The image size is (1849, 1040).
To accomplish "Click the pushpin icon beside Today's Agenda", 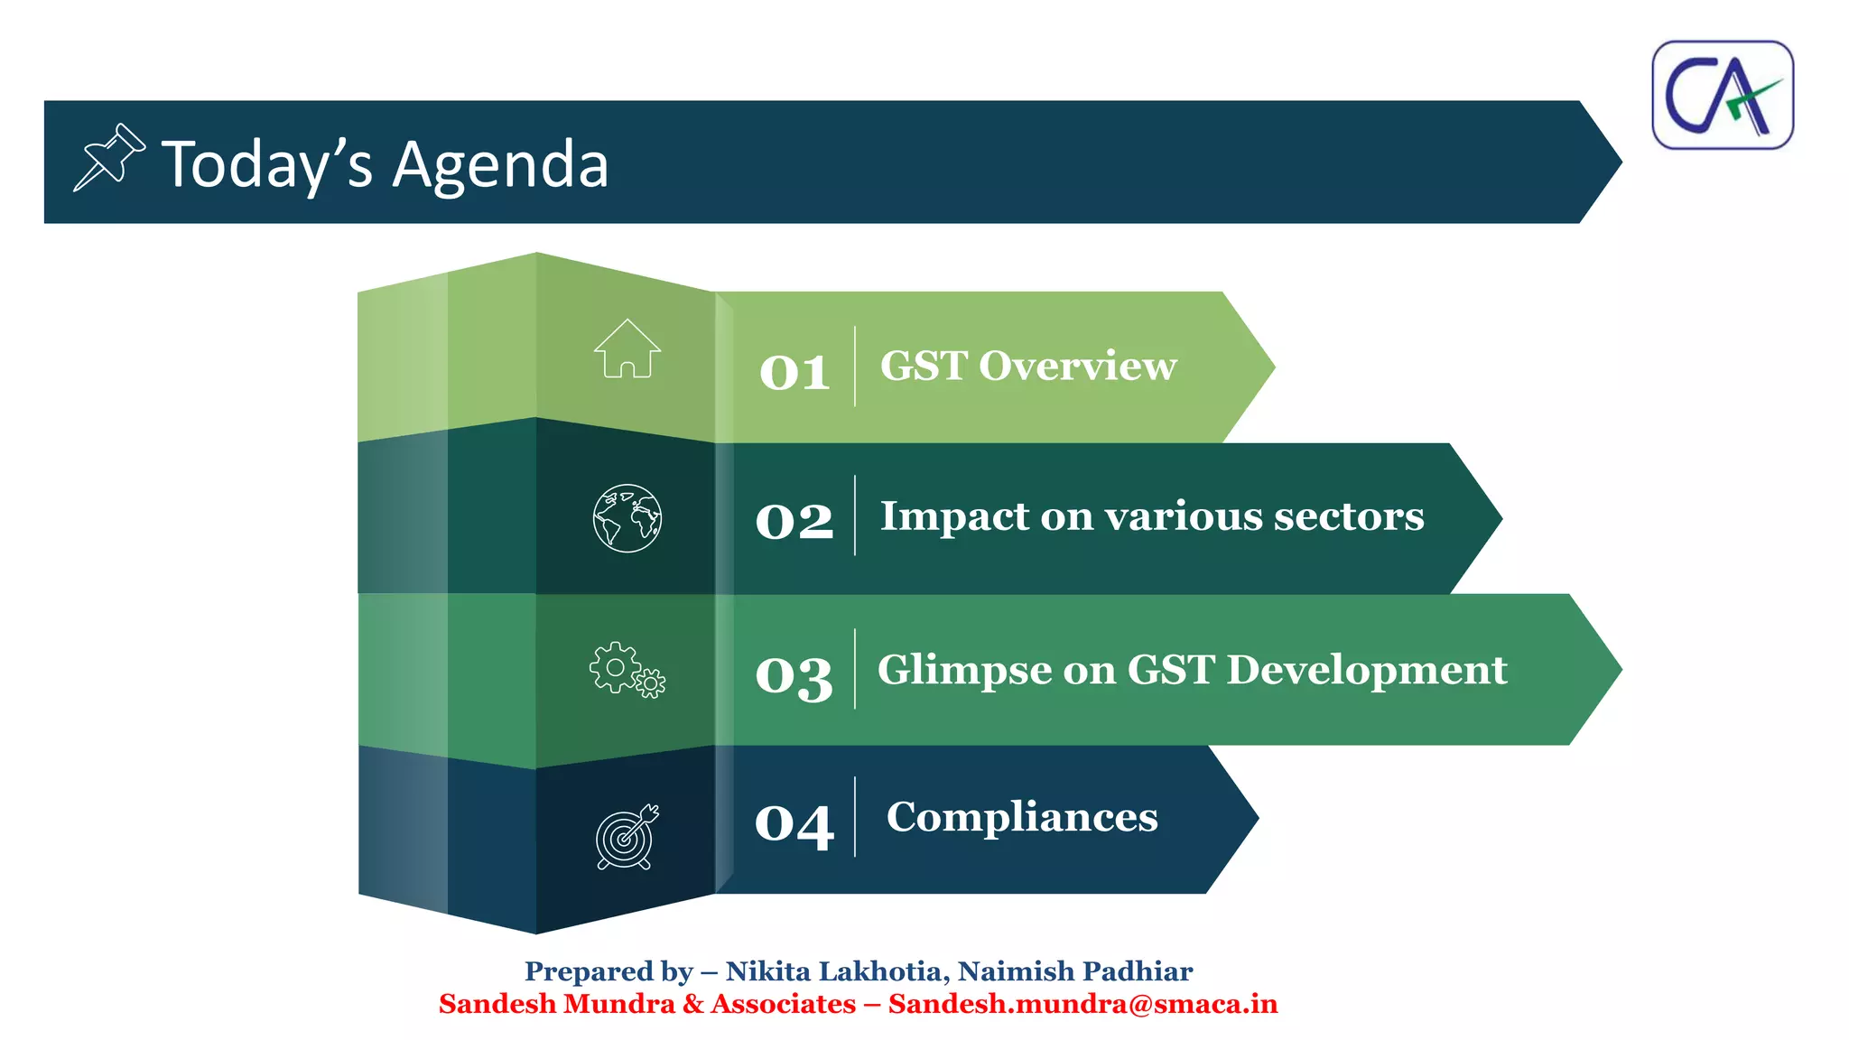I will (x=108, y=158).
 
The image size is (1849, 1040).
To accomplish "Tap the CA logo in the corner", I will (x=1722, y=95).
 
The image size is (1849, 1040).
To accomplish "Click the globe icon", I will (x=627, y=518).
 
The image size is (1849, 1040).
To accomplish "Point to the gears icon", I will (x=627, y=670).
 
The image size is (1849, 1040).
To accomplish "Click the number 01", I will (x=794, y=371).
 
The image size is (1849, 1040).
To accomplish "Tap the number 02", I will (x=794, y=521).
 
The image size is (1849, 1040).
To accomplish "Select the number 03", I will (x=794, y=675).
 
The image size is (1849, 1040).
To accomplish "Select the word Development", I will (x=1366, y=670).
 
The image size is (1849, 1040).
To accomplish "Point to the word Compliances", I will (x=1021, y=817).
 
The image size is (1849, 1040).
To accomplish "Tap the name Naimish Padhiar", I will (x=1074, y=971).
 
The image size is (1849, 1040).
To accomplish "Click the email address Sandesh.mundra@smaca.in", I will (x=1082, y=1004).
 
